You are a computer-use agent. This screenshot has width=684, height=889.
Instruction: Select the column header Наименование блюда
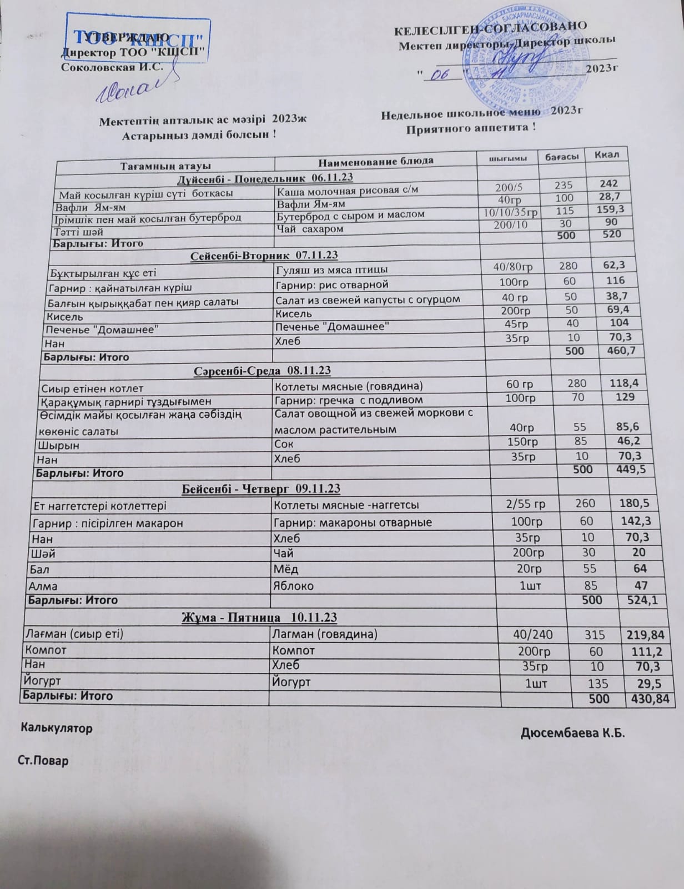375,161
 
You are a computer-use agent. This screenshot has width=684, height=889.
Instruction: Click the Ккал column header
606,154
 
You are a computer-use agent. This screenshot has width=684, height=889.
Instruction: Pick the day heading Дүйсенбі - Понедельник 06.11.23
265,178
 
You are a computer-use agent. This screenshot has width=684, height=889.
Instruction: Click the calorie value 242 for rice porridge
608,183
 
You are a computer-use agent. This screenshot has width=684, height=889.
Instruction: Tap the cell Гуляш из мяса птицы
331,270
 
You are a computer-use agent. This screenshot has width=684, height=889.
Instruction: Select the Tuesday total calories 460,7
614,351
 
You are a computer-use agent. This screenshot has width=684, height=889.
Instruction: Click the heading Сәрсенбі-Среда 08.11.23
262,371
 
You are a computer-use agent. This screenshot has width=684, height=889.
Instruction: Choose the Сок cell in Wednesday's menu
284,444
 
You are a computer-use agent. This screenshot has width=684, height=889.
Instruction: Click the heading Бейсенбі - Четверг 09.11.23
261,489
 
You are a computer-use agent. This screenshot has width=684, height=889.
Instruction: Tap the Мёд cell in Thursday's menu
286,569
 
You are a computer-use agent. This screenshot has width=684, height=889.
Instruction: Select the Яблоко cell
293,586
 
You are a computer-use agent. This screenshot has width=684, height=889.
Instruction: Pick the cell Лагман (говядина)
325,634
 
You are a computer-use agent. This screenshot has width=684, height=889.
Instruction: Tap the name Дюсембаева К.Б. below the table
572,733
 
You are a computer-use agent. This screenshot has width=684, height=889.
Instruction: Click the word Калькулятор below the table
57,727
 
